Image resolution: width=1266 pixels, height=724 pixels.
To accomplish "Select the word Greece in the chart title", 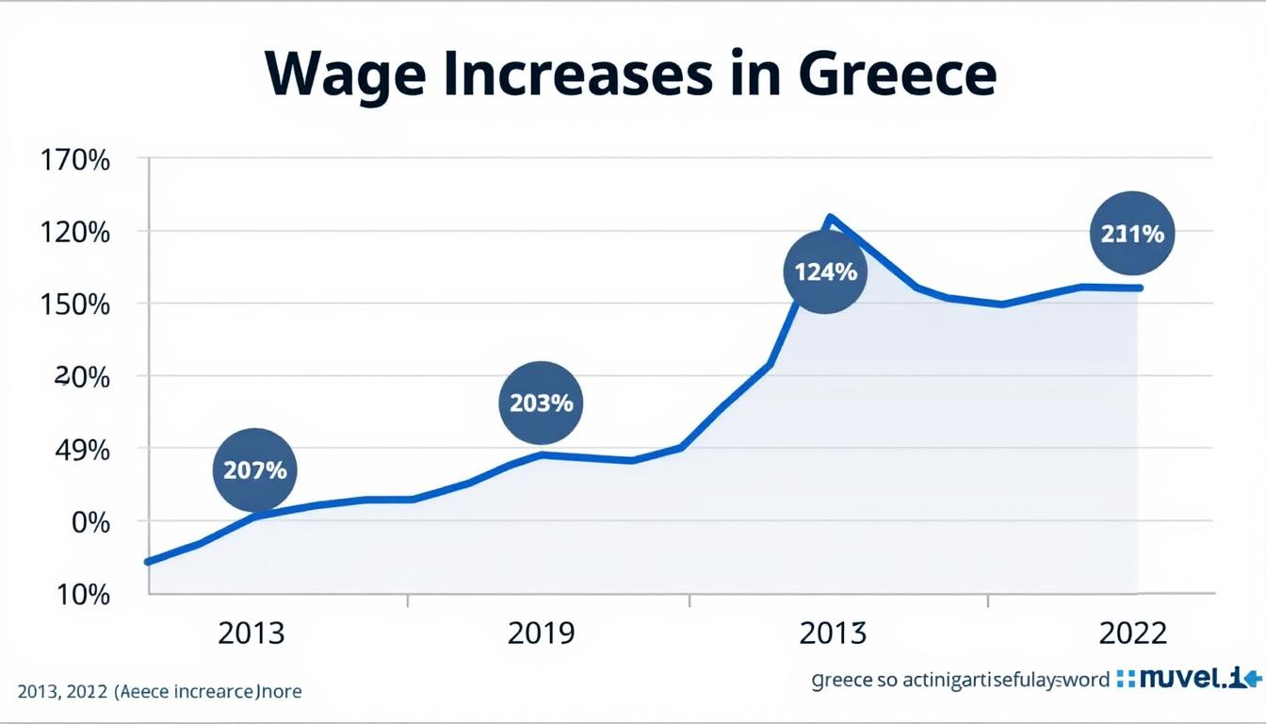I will coord(897,74).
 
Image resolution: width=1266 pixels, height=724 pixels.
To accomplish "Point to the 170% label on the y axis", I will coord(74,159).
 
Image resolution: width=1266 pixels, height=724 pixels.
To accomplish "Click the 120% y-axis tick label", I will coord(74,232).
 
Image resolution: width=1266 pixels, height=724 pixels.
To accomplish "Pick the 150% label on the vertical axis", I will coord(74,304).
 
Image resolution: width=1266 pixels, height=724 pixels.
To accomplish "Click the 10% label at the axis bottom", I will coord(85,595).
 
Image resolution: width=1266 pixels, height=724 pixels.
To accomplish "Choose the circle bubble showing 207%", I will coord(255,469).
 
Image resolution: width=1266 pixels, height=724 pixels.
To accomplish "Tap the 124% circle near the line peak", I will coord(825,272).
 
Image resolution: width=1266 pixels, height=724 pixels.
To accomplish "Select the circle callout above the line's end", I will coord(1132,234).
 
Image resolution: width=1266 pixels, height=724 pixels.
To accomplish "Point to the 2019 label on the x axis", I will coord(541,633).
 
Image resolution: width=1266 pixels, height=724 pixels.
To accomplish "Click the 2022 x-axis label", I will coord(1132,633).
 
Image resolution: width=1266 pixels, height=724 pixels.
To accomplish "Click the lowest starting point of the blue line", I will coord(148,562).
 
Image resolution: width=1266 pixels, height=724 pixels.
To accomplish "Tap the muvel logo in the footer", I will coord(1188,678).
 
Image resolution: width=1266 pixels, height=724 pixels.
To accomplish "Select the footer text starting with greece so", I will coord(961,680).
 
